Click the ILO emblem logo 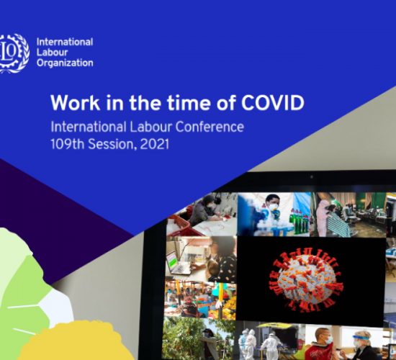(x=14, y=53)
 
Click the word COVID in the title (x=273, y=103)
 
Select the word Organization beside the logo (x=65, y=63)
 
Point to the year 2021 (x=154, y=144)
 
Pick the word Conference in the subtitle (x=210, y=127)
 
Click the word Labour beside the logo (x=53, y=53)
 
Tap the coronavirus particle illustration (x=307, y=281)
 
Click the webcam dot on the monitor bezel (x=311, y=177)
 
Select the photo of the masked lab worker (x=274, y=215)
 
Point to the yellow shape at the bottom (x=76, y=341)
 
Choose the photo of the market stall (x=200, y=300)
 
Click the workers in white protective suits (x=261, y=341)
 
